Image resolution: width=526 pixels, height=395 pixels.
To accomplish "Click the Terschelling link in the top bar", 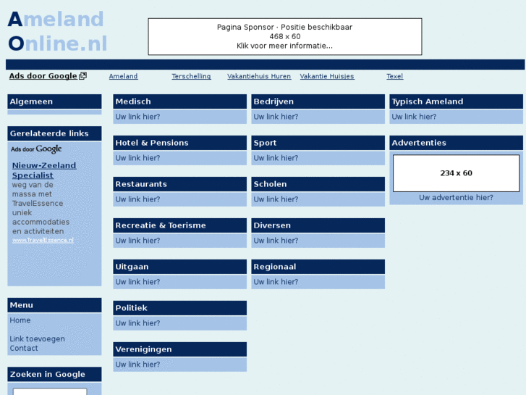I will pyautogui.click(x=191, y=76).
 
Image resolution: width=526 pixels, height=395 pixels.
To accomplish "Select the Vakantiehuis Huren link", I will pyautogui.click(x=259, y=76).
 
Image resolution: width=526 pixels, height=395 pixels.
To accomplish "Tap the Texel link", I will pyautogui.click(x=394, y=76).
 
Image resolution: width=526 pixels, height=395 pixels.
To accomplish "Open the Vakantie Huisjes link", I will pyautogui.click(x=327, y=76).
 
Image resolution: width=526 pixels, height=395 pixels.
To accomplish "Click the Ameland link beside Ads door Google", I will pyautogui.click(x=123, y=76).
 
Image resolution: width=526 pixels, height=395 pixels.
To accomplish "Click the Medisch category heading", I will pyautogui.click(x=133, y=101).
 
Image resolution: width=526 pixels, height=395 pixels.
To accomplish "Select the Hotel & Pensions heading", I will pyautogui.click(x=152, y=143).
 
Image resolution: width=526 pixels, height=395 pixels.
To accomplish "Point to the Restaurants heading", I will pyautogui.click(x=141, y=184).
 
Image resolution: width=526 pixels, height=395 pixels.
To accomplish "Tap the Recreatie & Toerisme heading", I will pyautogui.click(x=161, y=225).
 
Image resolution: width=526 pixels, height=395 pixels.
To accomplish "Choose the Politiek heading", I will pyautogui.click(x=131, y=308).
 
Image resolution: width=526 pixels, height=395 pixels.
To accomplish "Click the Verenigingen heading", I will pyautogui.click(x=143, y=349).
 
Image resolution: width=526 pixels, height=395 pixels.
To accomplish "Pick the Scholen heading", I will pyautogui.click(x=270, y=184).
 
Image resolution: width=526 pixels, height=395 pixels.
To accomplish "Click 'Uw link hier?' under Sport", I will pyautogui.click(x=276, y=158).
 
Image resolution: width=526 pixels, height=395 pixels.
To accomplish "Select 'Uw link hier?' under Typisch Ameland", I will pyautogui.click(x=414, y=117).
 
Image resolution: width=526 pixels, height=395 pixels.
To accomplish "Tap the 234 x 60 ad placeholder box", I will pyautogui.click(x=456, y=173).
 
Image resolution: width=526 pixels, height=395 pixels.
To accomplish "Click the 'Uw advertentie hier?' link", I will pyautogui.click(x=456, y=198).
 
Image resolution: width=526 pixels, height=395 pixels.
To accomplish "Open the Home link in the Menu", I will pyautogui.click(x=20, y=320).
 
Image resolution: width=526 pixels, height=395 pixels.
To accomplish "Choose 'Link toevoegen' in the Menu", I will pyautogui.click(x=37, y=339).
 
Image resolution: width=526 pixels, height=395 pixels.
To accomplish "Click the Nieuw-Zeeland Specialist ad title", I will pyautogui.click(x=44, y=170).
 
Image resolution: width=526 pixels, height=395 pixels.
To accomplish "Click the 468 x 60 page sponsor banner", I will pyautogui.click(x=284, y=36).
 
